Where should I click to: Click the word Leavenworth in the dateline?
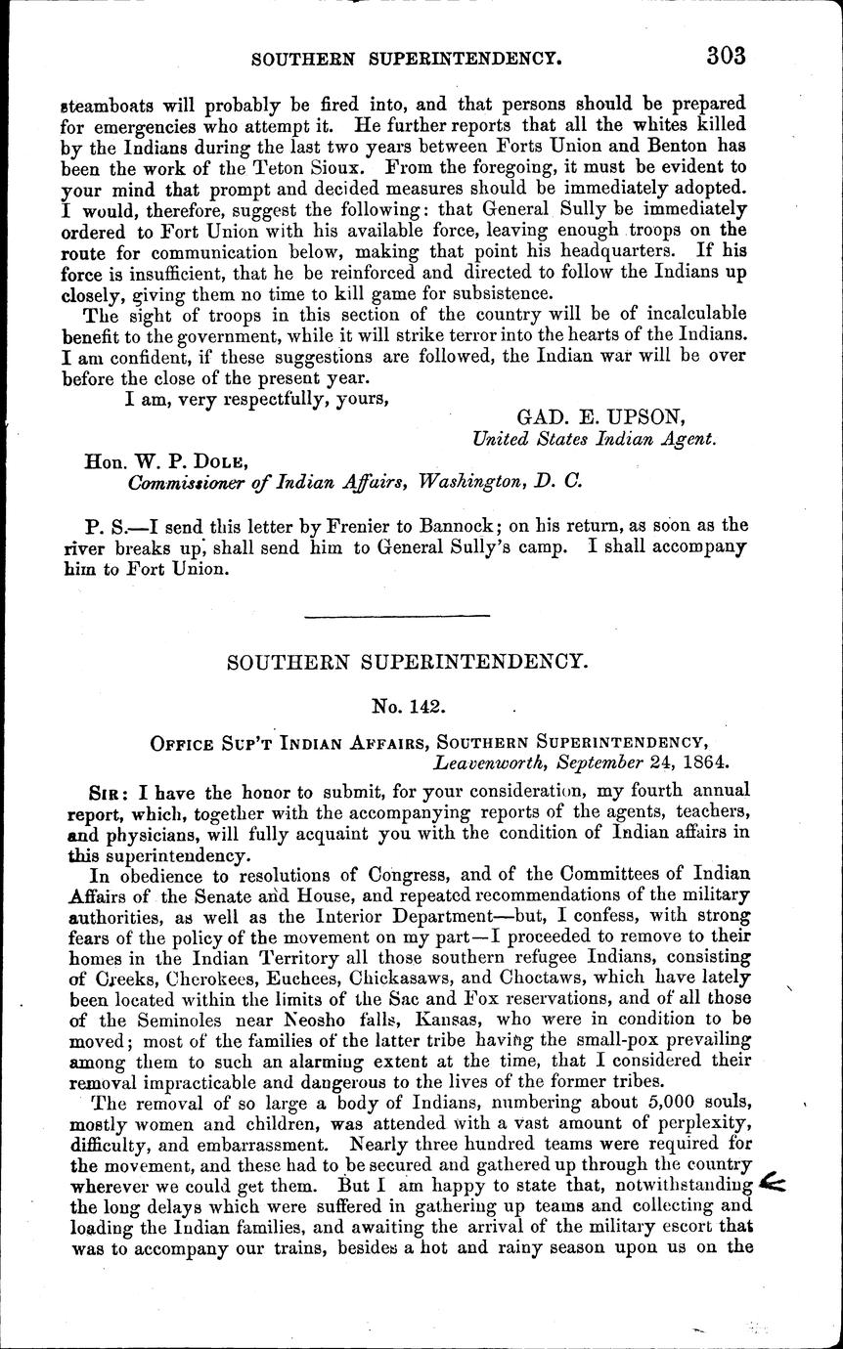click(498, 756)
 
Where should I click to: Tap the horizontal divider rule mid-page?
click(399, 615)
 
